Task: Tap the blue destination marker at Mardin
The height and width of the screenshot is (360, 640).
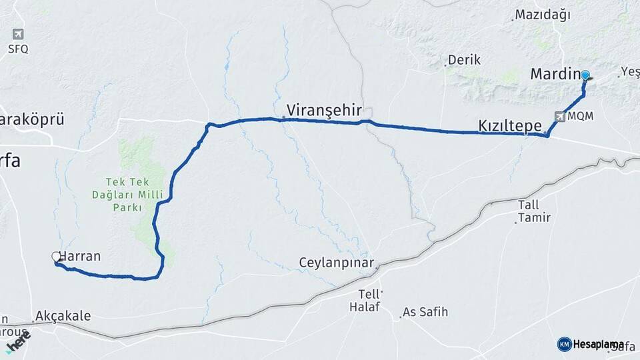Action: coord(585,75)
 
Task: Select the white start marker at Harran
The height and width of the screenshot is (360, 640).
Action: coord(56,256)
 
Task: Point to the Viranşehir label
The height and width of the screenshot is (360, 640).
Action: coord(323,109)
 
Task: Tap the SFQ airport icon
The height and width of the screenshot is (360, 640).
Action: coord(18,34)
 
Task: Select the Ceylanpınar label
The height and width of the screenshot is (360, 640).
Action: coord(337,263)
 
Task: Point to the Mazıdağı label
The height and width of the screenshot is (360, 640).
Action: coord(543,15)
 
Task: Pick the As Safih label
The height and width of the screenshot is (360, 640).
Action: coord(426,311)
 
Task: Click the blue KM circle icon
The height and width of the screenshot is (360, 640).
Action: coord(564,344)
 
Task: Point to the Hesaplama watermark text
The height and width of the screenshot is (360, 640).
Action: coord(599,344)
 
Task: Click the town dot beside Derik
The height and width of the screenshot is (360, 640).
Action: coord(445,65)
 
